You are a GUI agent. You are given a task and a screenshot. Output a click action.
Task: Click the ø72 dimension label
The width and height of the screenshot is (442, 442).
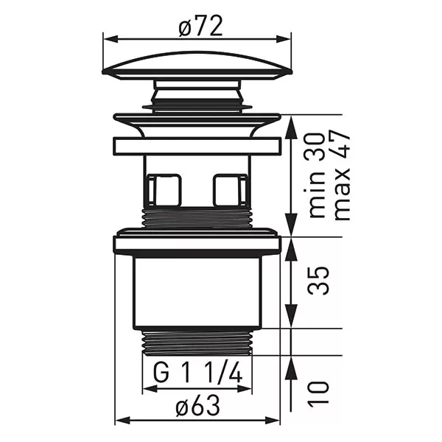200,26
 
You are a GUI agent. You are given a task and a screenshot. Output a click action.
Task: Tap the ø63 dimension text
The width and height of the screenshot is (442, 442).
197,405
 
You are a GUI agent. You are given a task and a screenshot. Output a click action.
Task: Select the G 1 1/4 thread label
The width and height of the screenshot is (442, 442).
197,373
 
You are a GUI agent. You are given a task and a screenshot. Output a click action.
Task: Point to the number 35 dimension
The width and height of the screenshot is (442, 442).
319,280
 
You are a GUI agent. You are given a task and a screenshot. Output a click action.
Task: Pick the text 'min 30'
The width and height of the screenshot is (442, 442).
316,175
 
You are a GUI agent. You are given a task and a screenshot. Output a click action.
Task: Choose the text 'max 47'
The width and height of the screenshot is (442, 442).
342,175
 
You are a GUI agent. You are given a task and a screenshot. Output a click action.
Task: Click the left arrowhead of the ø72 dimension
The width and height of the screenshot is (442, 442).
110,40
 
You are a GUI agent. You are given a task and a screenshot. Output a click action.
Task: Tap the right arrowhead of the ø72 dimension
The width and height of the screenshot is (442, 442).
284,40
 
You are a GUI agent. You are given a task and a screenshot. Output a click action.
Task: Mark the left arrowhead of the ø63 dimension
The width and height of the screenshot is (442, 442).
123,421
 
